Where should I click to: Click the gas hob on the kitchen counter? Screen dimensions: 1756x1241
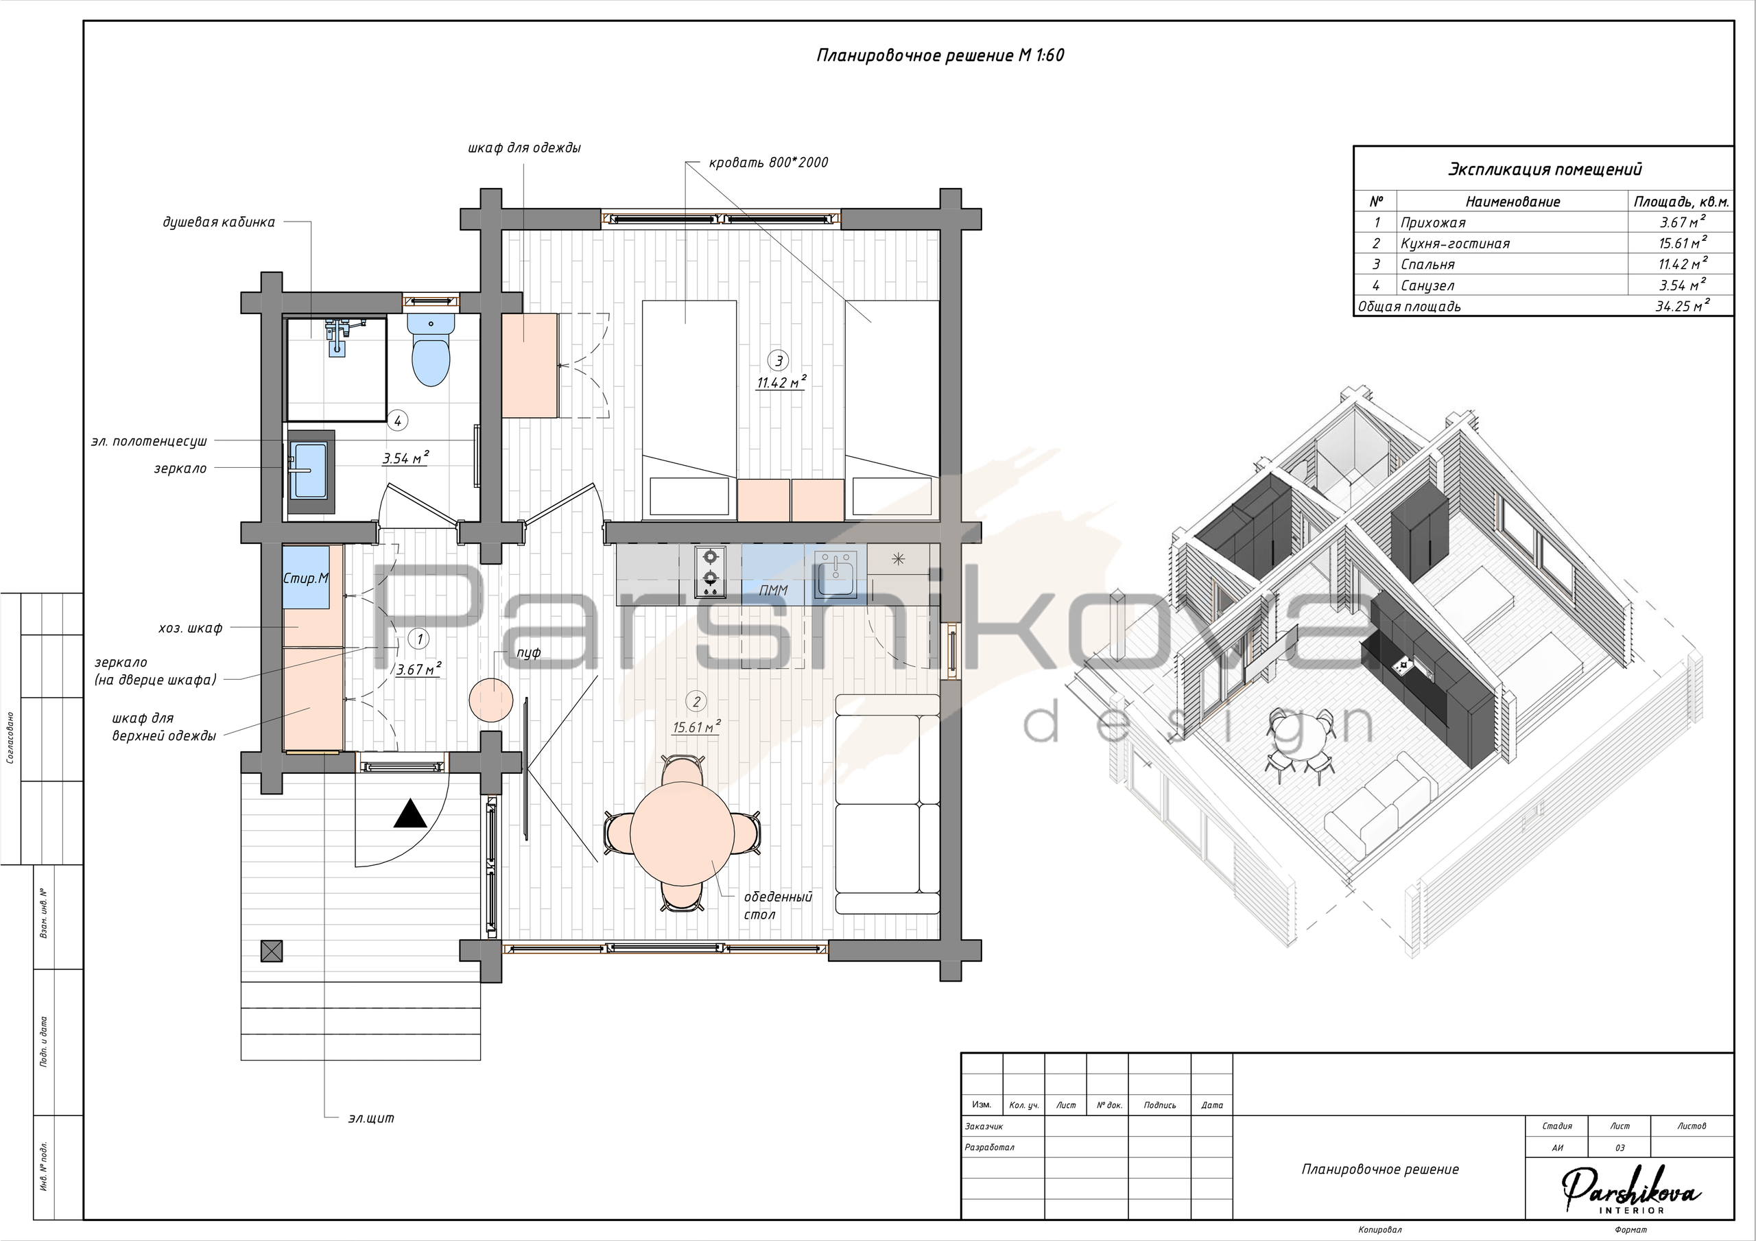point(710,571)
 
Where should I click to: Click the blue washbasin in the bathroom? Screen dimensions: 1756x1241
point(311,469)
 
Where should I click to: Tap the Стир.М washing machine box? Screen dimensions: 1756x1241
point(306,578)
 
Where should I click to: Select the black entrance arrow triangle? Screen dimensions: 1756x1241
point(411,814)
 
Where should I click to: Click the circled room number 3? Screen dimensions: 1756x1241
point(779,360)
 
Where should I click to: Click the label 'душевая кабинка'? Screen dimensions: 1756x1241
point(219,223)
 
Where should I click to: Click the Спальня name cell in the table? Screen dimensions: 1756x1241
point(1428,265)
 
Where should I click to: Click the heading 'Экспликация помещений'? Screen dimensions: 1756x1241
point(1545,170)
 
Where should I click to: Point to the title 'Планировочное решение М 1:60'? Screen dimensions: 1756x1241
point(940,56)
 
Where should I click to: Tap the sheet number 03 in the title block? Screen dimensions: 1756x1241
point(1620,1148)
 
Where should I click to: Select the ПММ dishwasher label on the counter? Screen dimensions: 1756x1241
point(773,590)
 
